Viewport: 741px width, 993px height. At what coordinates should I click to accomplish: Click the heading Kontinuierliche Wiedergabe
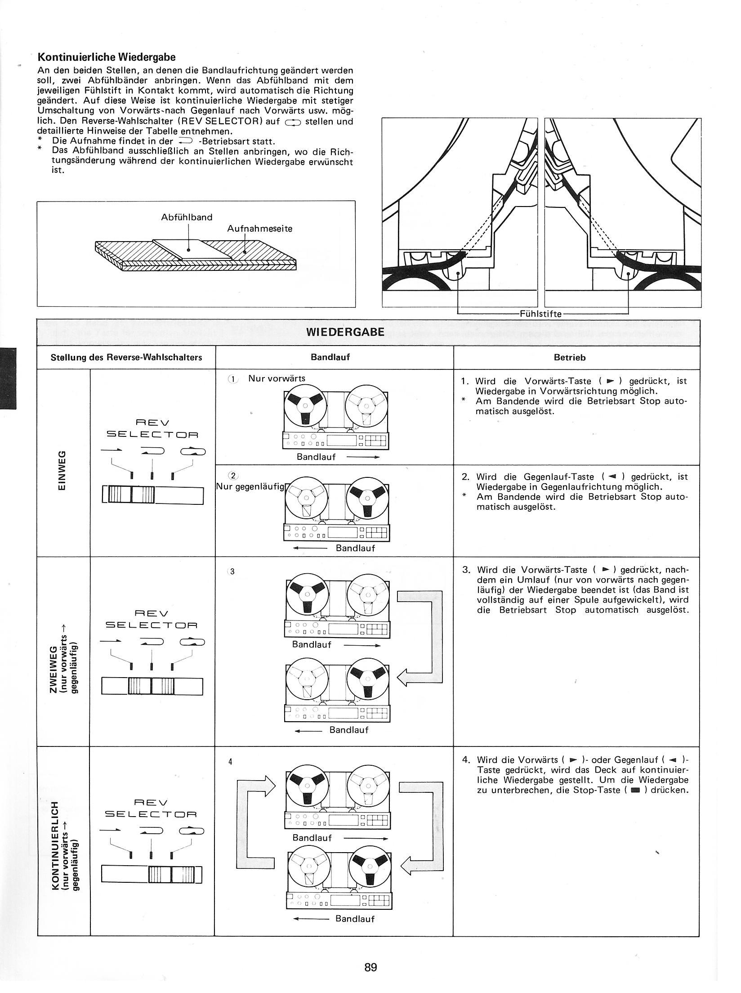pos(106,57)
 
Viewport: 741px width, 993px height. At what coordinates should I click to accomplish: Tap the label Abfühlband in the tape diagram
pos(187,217)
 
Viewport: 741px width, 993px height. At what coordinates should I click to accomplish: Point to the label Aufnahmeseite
pos(259,229)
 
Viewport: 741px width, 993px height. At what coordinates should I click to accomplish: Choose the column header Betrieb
pos(576,358)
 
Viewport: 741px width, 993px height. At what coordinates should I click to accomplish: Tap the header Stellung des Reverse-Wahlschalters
pos(126,358)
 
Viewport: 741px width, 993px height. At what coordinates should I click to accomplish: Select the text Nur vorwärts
pos(277,378)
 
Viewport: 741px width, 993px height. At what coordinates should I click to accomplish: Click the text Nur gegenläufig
pos(250,486)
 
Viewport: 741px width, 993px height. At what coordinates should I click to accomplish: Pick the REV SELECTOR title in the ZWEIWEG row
pos(152,620)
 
